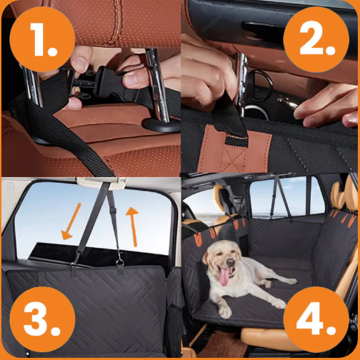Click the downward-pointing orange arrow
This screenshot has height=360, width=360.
pyautogui.click(x=71, y=221)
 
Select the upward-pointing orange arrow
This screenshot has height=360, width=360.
pyautogui.click(x=133, y=226)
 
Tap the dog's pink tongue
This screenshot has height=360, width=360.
pyautogui.click(x=224, y=277)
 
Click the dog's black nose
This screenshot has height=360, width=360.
pyautogui.click(x=231, y=262)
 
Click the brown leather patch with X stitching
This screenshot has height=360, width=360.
pyautogui.click(x=234, y=149)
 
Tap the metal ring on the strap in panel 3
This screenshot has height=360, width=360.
pyautogui.click(x=119, y=262)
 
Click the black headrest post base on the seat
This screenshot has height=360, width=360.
pyautogui.click(x=161, y=125)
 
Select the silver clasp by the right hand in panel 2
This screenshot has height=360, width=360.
pyautogui.click(x=288, y=102)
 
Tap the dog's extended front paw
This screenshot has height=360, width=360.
pyautogui.click(x=224, y=311)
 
